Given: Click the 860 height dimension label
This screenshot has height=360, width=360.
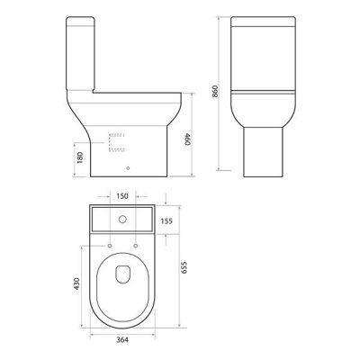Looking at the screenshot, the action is [x=215, y=91].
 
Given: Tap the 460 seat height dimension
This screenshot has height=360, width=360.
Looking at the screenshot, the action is [x=187, y=139].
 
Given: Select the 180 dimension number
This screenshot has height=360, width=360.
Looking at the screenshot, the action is [x=80, y=157].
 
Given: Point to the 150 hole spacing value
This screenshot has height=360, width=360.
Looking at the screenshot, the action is [x=122, y=196].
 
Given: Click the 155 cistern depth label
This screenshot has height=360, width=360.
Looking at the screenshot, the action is [x=166, y=221].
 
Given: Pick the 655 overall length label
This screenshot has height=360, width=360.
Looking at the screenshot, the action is [x=184, y=267].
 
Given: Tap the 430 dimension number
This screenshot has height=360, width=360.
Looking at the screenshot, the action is [x=76, y=283].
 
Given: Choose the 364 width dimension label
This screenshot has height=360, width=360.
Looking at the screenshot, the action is [x=122, y=340].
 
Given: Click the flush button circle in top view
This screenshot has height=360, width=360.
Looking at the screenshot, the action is [x=122, y=220].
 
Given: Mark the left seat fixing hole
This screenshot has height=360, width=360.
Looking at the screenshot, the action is [x=110, y=246].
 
